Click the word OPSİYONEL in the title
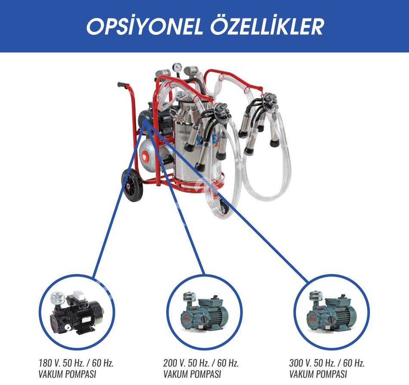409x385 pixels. (x=145, y=27)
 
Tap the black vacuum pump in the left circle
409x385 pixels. (x=76, y=312)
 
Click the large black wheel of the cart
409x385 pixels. (x=132, y=185)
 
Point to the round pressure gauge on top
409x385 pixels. (x=177, y=67)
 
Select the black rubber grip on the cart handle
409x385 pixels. (x=123, y=85)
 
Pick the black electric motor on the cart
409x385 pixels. (x=155, y=120)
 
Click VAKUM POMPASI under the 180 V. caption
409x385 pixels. (x=67, y=374)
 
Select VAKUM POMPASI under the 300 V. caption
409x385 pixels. (x=318, y=374)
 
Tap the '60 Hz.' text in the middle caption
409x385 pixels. (x=228, y=363)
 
